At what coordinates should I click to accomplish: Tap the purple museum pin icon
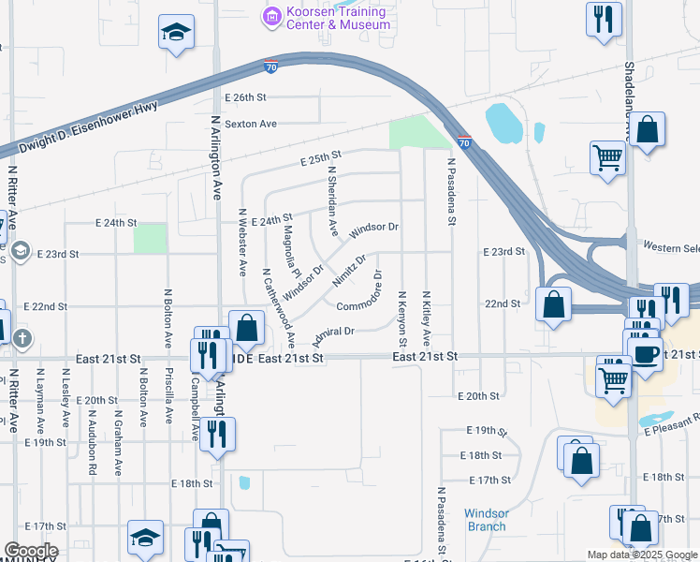pos(272,15)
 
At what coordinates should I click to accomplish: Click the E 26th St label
pos(245,97)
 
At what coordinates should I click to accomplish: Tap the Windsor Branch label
pos(487,520)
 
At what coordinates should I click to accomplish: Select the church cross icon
pos(22,336)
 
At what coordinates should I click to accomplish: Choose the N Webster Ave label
pos(242,242)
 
